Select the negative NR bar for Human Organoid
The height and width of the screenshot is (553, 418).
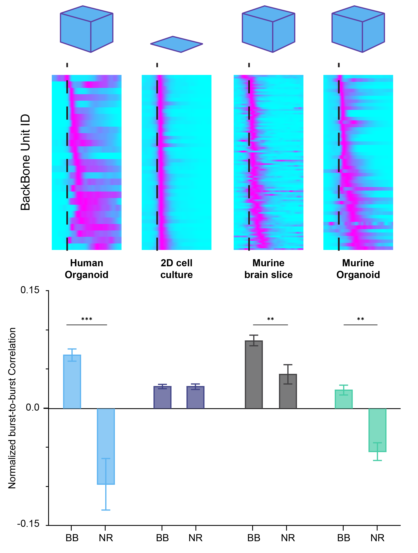(x=106, y=446)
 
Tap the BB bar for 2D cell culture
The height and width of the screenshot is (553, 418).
(x=162, y=397)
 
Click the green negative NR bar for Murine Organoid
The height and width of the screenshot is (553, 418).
(x=377, y=430)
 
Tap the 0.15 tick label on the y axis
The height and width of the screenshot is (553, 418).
(x=30, y=290)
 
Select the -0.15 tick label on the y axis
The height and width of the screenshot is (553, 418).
(x=28, y=524)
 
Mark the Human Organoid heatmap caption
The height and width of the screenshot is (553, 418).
(x=87, y=269)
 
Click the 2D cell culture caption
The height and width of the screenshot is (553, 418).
(x=176, y=269)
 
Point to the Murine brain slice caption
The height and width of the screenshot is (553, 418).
(x=269, y=269)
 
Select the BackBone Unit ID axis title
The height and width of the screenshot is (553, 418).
(x=25, y=162)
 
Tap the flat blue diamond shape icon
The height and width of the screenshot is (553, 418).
(x=176, y=44)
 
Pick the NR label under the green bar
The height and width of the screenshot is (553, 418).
(x=377, y=538)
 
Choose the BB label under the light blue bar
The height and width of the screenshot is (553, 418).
(x=72, y=538)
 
